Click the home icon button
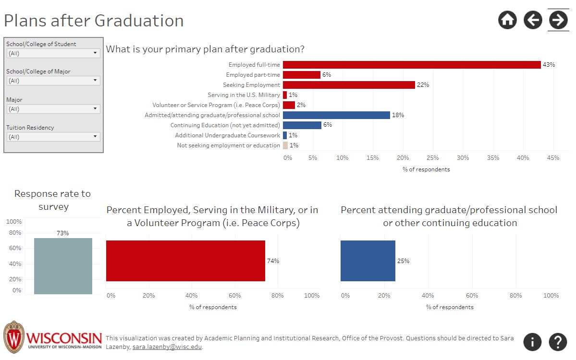(x=508, y=20)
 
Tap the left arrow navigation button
(x=533, y=20)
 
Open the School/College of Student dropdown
(x=53, y=53)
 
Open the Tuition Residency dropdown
(x=53, y=137)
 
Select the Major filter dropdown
(x=53, y=109)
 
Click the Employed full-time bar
(x=411, y=65)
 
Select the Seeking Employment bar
(x=348, y=85)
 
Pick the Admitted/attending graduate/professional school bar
(x=336, y=115)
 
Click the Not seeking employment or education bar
(x=285, y=145)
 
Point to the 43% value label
(x=549, y=65)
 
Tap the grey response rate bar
(x=63, y=266)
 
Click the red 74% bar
(x=185, y=261)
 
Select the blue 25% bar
(x=368, y=261)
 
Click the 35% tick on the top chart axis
(x=493, y=158)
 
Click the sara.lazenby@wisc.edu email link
(x=167, y=347)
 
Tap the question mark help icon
(x=557, y=342)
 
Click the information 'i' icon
(x=532, y=342)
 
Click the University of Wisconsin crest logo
(x=14, y=338)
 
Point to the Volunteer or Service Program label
(x=216, y=105)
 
